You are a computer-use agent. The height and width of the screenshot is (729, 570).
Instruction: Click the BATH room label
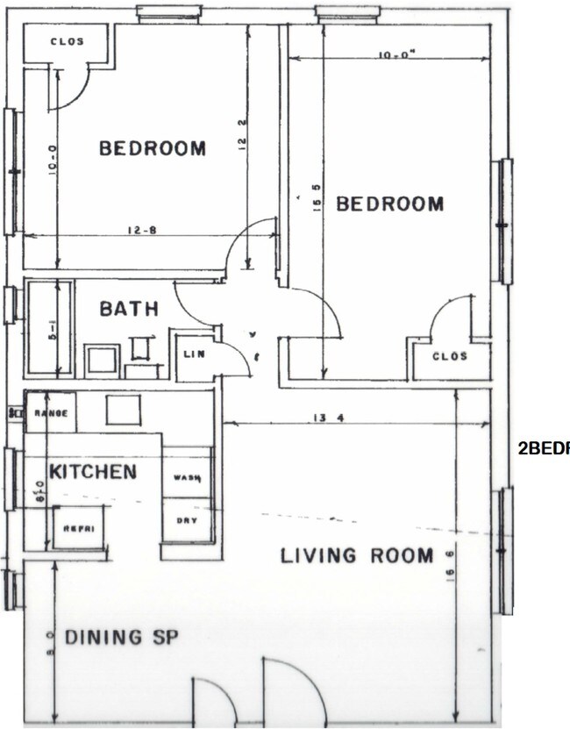point(129,309)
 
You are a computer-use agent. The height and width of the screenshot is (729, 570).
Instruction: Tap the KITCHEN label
point(93,473)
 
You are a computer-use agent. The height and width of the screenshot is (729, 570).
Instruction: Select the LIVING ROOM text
point(356,555)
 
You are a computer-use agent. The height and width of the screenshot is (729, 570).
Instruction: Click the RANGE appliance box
point(50,412)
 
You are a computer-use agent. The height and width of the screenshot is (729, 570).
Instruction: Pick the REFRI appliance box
point(80,529)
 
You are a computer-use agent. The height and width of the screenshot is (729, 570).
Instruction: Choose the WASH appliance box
point(187,478)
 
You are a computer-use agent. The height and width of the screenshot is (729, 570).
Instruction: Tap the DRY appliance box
point(187,520)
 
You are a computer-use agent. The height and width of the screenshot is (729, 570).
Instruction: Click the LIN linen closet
point(194,354)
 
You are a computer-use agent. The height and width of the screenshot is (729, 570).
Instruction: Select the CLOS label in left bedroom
point(66,41)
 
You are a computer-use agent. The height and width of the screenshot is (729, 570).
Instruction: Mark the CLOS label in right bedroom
point(450,357)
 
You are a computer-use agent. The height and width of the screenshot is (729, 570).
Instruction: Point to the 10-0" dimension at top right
point(396,54)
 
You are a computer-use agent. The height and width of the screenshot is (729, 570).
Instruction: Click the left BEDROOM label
point(153,148)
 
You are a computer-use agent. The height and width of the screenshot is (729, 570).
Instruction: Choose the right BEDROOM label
point(390,204)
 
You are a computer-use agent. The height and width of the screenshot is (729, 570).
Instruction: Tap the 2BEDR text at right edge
point(544,448)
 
